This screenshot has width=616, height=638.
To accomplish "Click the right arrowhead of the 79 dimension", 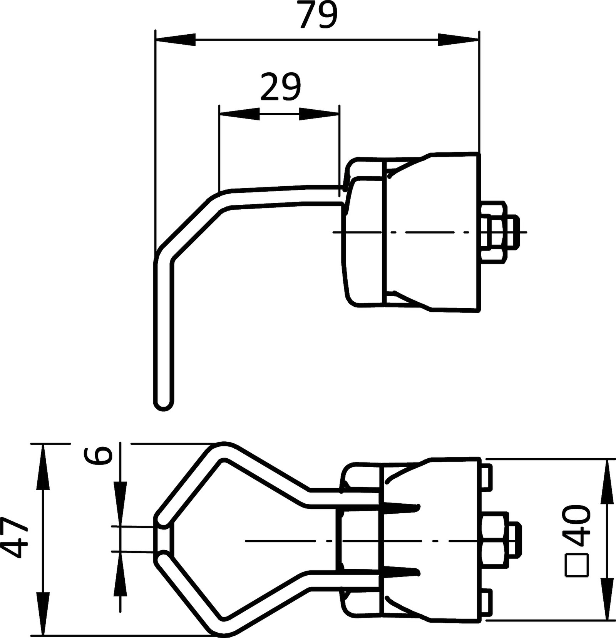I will [x=458, y=40].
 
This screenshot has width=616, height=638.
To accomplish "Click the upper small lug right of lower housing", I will [x=487, y=478].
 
